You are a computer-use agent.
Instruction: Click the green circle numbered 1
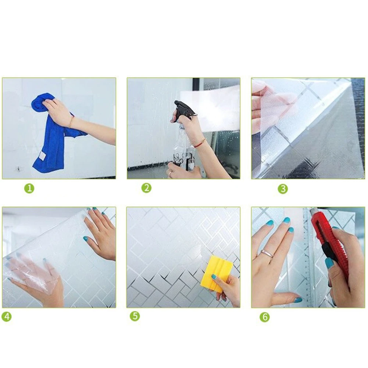(29, 189)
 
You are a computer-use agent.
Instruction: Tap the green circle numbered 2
(146, 188)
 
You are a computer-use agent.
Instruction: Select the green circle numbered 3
(283, 189)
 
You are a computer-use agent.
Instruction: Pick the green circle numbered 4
(7, 317)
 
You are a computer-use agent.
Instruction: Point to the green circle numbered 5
(135, 316)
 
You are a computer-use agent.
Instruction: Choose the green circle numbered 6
(265, 317)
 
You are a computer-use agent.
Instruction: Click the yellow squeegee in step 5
(217, 274)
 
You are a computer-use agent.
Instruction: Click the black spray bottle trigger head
(185, 109)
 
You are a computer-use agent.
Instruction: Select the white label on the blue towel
(43, 156)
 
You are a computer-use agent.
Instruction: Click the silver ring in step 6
(267, 254)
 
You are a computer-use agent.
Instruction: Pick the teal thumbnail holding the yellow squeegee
(214, 277)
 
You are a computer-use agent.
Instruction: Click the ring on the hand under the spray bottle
(170, 173)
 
